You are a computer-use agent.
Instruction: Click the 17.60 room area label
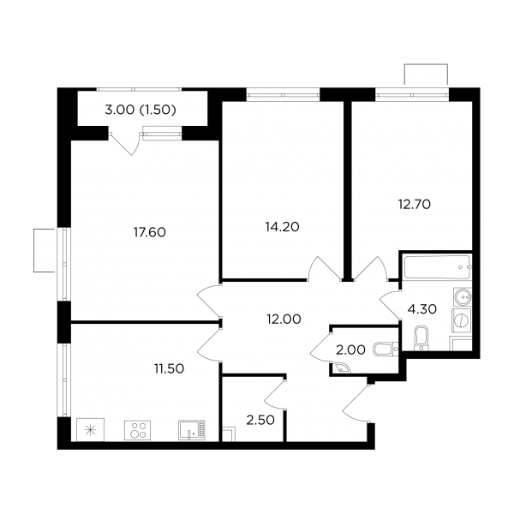[x=149, y=232]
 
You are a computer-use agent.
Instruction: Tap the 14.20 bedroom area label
[x=282, y=227]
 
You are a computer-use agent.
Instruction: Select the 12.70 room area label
[x=415, y=205]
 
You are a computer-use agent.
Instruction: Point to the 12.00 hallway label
[x=284, y=319]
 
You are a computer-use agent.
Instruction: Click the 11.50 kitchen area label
[x=169, y=368]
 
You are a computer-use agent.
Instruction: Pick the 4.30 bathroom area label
[x=421, y=308]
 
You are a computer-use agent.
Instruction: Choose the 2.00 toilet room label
[x=350, y=350]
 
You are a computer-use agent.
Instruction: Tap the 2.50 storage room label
[x=260, y=420]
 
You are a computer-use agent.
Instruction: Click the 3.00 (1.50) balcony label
[x=140, y=110]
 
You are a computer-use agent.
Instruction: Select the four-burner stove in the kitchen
[x=138, y=430]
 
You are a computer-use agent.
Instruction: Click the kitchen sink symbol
[x=192, y=430]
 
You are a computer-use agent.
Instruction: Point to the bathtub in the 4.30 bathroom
[x=437, y=267]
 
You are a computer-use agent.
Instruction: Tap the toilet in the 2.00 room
[x=385, y=350]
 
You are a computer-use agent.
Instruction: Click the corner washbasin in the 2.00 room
[x=341, y=368]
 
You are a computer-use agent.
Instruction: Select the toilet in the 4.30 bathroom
[x=421, y=338]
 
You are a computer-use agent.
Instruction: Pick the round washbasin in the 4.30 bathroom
[x=463, y=297]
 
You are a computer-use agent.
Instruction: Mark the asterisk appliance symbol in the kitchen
[x=90, y=430]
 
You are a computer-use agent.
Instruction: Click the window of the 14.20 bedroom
[x=283, y=95]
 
